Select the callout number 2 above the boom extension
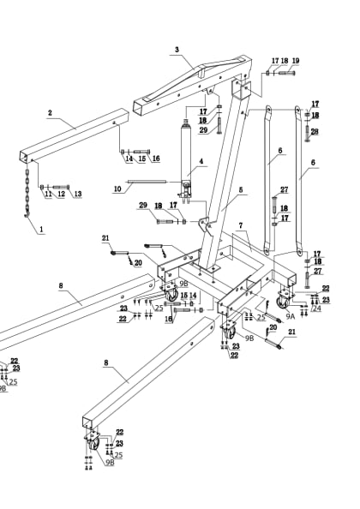[x=50, y=112]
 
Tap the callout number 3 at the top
[x=177, y=50]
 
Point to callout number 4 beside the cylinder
[x=201, y=161]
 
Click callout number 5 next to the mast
[x=242, y=190]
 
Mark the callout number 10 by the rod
[x=117, y=189]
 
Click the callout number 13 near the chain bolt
[x=77, y=195]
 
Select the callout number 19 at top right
[x=296, y=61]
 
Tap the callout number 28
[x=315, y=131]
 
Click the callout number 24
[x=316, y=308]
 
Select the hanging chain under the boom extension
[x=27, y=187]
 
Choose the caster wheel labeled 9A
[x=282, y=302]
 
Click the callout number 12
[x=61, y=195]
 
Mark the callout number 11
[x=47, y=195]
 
